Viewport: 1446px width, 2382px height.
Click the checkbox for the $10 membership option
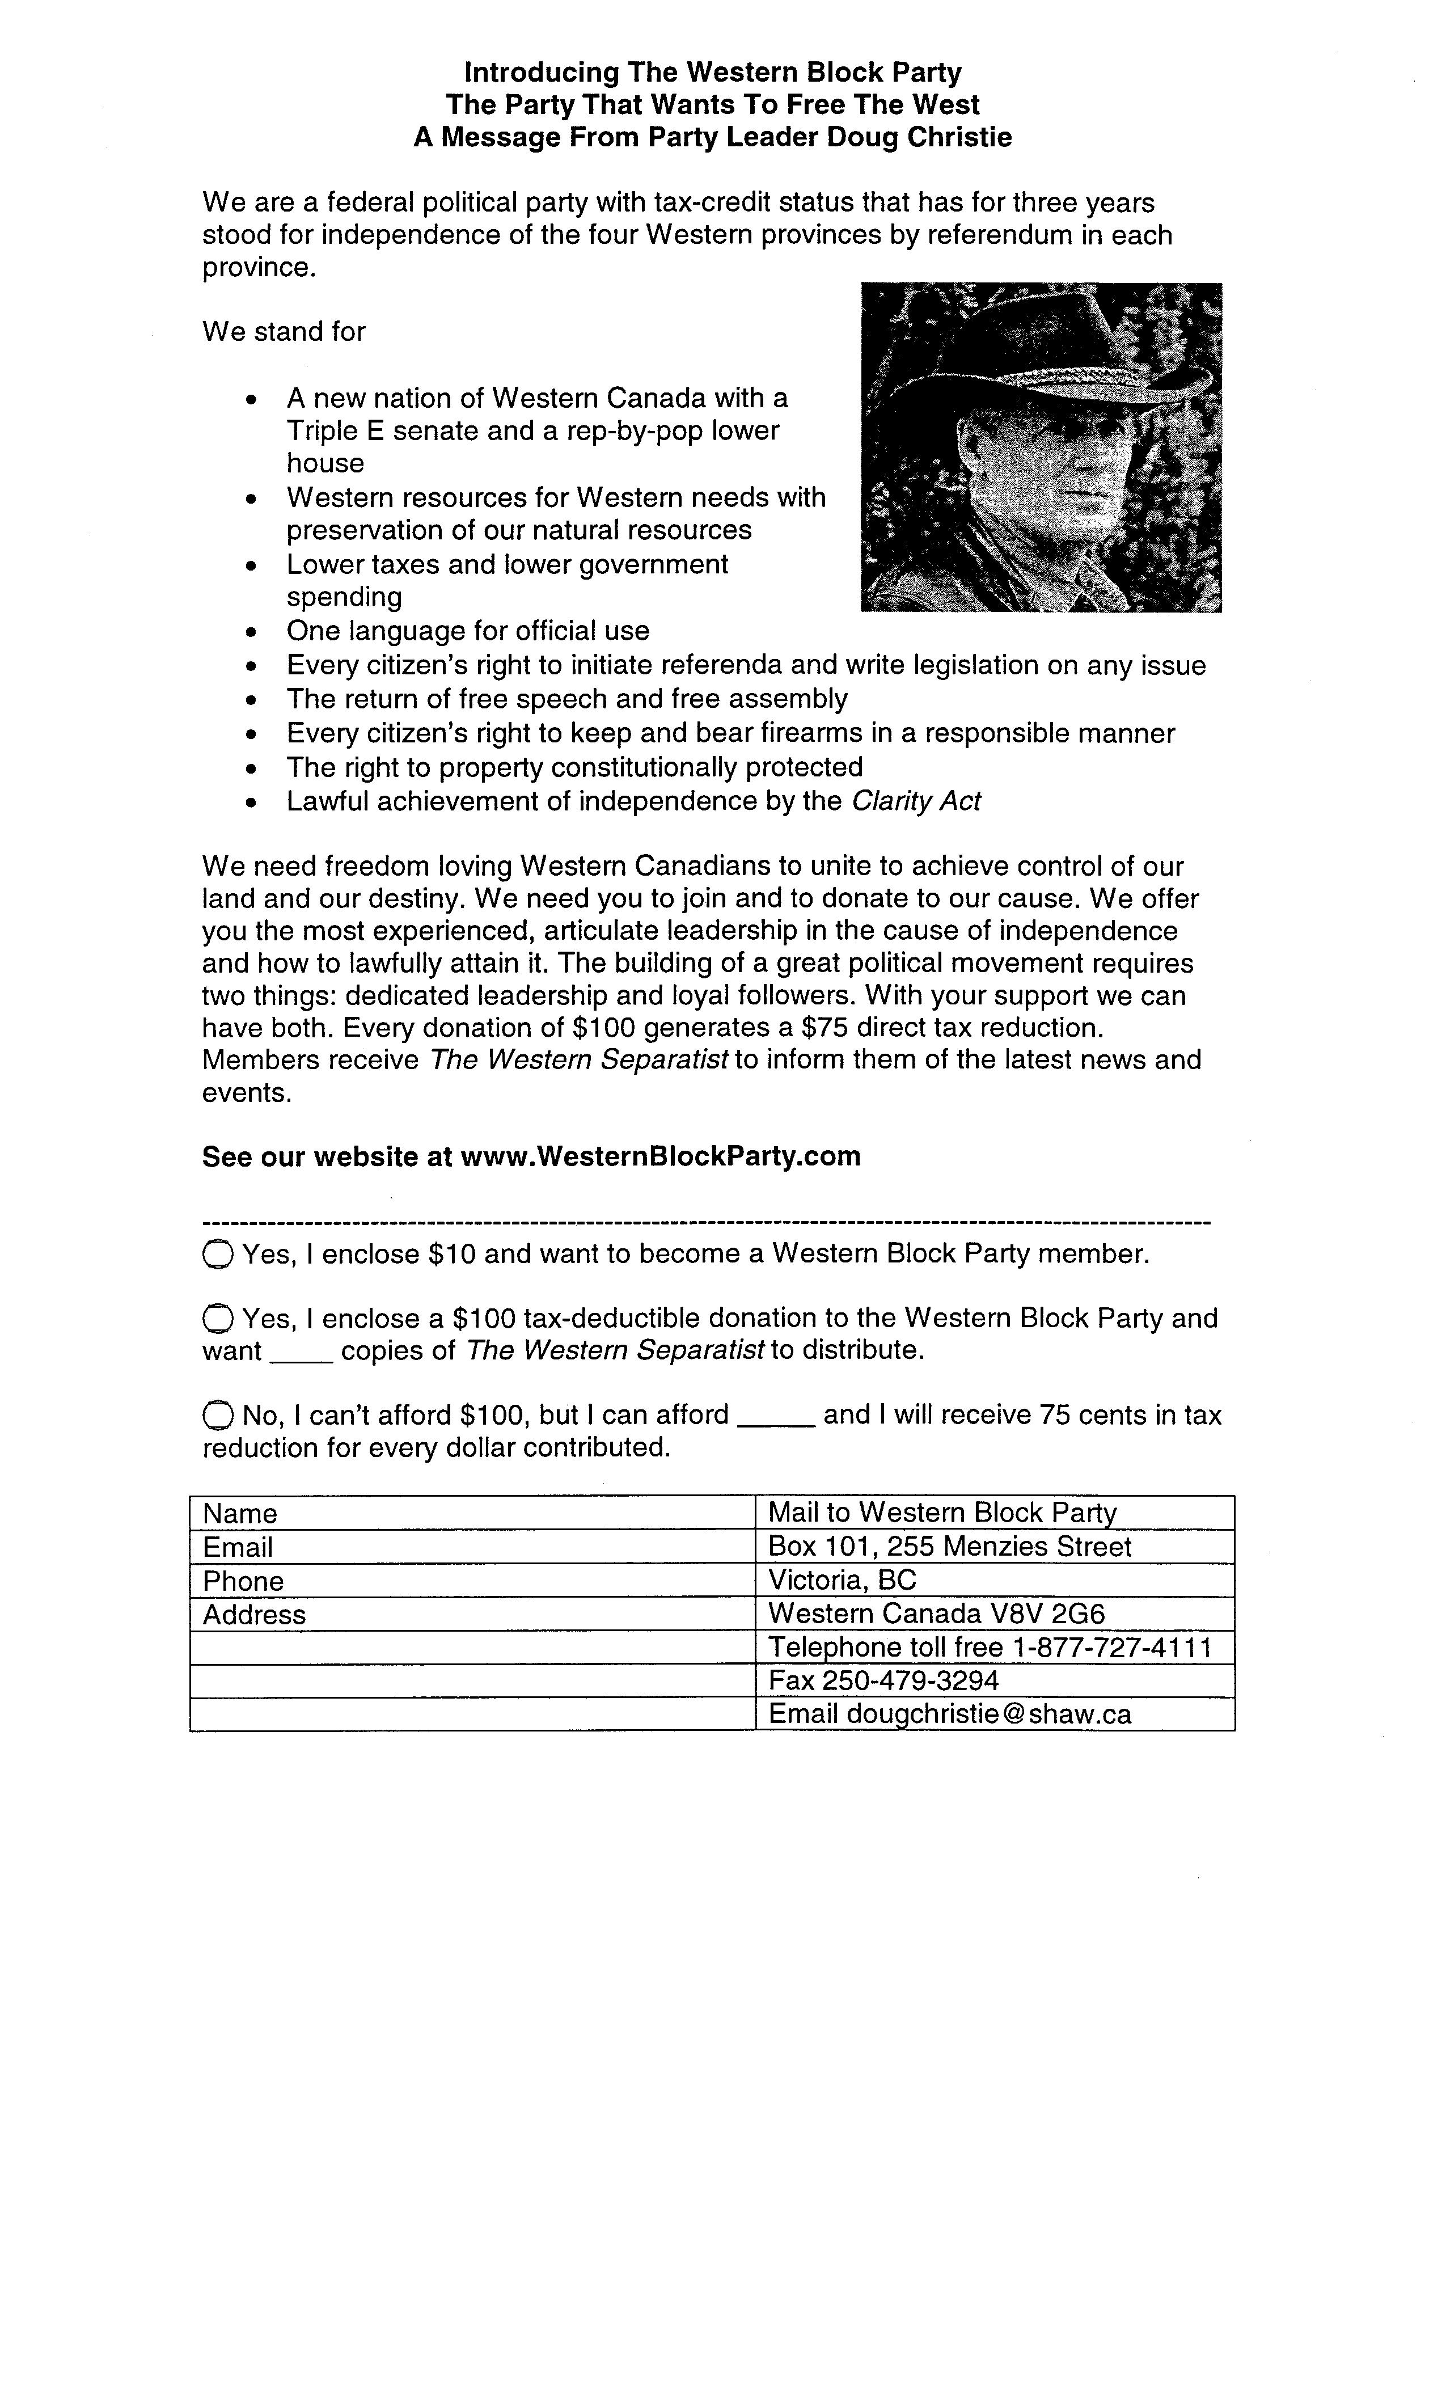218,1255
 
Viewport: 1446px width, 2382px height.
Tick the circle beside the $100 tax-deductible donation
218,1320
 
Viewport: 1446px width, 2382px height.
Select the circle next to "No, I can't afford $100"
218,1416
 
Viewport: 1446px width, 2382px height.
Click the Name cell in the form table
472,1513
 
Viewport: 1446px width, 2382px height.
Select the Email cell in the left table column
472,1547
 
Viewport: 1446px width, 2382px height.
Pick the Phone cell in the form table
472,1581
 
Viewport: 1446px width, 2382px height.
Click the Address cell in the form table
472,1615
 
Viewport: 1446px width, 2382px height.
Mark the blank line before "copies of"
301,1353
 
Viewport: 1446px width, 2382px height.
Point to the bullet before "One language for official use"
252,633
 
